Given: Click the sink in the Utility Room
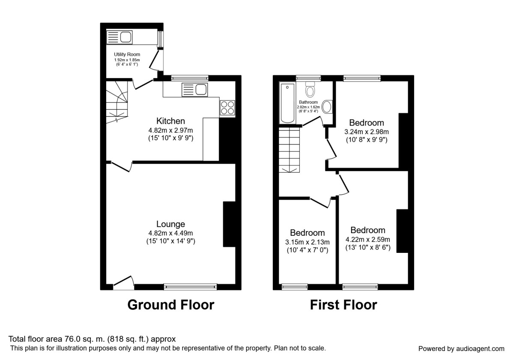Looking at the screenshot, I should point(120,37).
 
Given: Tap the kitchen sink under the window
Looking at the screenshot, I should point(195,90).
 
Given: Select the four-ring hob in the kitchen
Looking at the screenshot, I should point(227,107).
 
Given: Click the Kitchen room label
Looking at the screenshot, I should point(170,121).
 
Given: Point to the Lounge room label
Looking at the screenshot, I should point(170,224).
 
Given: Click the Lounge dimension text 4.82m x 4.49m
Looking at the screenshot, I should point(170,233).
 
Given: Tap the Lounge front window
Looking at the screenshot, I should point(190,286).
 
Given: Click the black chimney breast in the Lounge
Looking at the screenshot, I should point(229,224).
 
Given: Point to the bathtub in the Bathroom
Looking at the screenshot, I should point(287,103).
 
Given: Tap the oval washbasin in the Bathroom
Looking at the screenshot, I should point(327,106).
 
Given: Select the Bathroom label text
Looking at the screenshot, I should point(308,102).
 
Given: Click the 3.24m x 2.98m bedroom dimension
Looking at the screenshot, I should point(366,132).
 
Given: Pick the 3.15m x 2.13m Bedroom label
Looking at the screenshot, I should point(307,233).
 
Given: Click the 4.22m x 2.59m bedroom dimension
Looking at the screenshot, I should point(368,239).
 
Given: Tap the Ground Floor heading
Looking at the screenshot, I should point(170,305).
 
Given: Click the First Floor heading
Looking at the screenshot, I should point(344,305).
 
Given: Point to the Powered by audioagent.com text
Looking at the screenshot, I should point(461,348).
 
